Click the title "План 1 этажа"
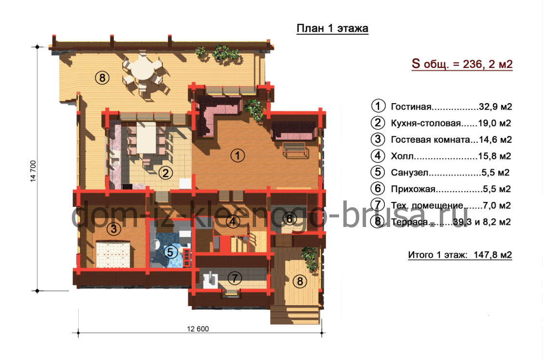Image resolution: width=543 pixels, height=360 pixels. (x=332, y=28)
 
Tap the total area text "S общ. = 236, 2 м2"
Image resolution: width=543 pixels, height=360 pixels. (x=462, y=64)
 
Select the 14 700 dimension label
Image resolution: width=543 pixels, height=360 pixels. (x=33, y=171)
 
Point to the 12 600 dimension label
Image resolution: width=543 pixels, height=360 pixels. (x=198, y=329)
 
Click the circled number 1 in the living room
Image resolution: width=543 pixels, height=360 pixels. (x=238, y=156)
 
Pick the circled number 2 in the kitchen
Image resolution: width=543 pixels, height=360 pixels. (x=165, y=173)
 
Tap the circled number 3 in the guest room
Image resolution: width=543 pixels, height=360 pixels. (x=114, y=228)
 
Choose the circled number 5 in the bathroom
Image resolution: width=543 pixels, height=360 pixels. (x=170, y=252)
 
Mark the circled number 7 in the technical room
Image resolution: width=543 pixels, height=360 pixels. (x=235, y=278)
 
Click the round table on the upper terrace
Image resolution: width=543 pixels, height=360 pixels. (x=142, y=69)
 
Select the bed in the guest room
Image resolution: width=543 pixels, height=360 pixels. (x=113, y=254)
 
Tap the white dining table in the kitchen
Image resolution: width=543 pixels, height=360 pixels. (x=146, y=137)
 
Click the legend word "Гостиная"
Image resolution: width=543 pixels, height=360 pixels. (x=411, y=107)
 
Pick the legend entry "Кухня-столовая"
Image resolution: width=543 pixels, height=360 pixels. (x=426, y=123)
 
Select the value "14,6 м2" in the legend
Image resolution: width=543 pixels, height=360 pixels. (x=495, y=139)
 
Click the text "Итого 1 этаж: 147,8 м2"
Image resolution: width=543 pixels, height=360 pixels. (x=460, y=255)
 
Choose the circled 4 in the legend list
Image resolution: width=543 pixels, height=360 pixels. (x=378, y=156)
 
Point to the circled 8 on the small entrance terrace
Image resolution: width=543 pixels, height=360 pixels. (x=300, y=281)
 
